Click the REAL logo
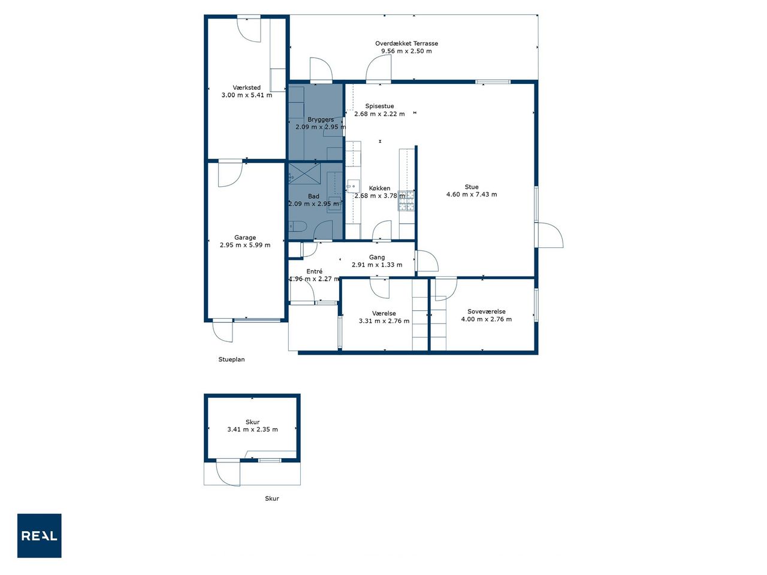pyautogui.click(x=39, y=535)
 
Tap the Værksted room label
pyautogui.click(x=246, y=87)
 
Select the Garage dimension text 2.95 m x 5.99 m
pyautogui.click(x=245, y=245)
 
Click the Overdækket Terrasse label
pyautogui.click(x=406, y=43)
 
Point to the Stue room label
pyautogui.click(x=472, y=187)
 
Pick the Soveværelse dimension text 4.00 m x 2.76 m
pyautogui.click(x=487, y=319)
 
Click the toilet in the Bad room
pyautogui.click(x=297, y=227)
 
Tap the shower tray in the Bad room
pyautogui.click(x=304, y=172)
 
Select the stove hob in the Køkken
pyautogui.click(x=406, y=201)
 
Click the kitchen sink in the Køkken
pyautogui.click(x=353, y=186)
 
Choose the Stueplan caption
pyautogui.click(x=231, y=359)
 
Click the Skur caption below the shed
pyautogui.click(x=272, y=498)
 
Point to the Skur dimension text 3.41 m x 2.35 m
pyautogui.click(x=253, y=429)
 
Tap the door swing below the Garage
pyautogui.click(x=223, y=331)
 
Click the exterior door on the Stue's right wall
pyautogui.click(x=549, y=235)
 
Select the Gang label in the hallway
pyautogui.click(x=377, y=258)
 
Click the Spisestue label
pyautogui.click(x=379, y=106)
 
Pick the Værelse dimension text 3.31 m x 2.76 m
pyautogui.click(x=384, y=321)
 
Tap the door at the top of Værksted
pyautogui.click(x=249, y=29)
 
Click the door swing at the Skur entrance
pyautogui.click(x=228, y=473)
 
